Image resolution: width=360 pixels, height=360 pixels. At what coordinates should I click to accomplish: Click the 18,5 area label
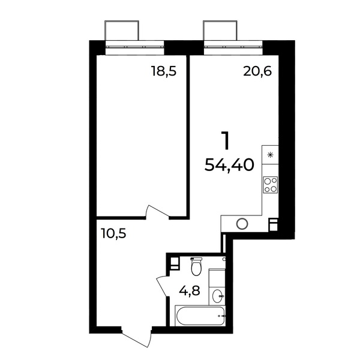pos(164,71)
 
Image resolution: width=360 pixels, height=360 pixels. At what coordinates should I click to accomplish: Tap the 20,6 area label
pos(257,71)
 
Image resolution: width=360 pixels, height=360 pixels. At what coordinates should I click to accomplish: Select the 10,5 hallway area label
pos(113,234)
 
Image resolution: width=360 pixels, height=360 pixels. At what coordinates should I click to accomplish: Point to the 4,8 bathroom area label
pos(190,291)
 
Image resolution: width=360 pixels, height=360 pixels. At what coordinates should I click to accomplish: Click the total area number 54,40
pos(229,165)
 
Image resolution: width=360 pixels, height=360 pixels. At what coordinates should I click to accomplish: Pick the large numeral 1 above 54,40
pos(226,140)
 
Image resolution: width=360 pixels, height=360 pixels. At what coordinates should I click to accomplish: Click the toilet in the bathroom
pos(196,266)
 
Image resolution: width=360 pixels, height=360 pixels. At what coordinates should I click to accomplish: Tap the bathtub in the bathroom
pos(199,316)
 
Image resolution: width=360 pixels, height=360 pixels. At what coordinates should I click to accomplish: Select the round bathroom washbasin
pos(217,296)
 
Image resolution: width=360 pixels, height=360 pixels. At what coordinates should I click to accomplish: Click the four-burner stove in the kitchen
pos(270,185)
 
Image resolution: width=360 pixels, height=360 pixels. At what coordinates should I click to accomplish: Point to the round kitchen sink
pos(242,224)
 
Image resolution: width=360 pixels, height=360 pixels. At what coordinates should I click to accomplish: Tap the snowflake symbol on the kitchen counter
pos(271,155)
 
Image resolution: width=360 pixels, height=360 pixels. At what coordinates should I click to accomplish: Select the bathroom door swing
pos(163,286)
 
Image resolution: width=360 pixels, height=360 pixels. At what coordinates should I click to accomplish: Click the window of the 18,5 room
pos(135,47)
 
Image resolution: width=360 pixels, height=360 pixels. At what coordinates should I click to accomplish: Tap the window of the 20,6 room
pos(233,47)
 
